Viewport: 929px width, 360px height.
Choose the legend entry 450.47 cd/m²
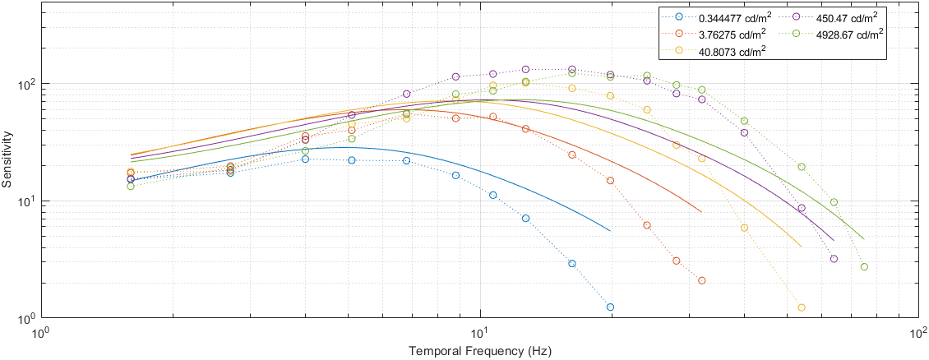(x=836, y=16)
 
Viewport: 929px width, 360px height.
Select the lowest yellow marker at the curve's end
(x=802, y=307)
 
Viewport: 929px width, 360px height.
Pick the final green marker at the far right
(x=864, y=266)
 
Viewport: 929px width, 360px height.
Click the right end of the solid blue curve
(x=611, y=231)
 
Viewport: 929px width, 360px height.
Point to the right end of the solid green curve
(x=864, y=239)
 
